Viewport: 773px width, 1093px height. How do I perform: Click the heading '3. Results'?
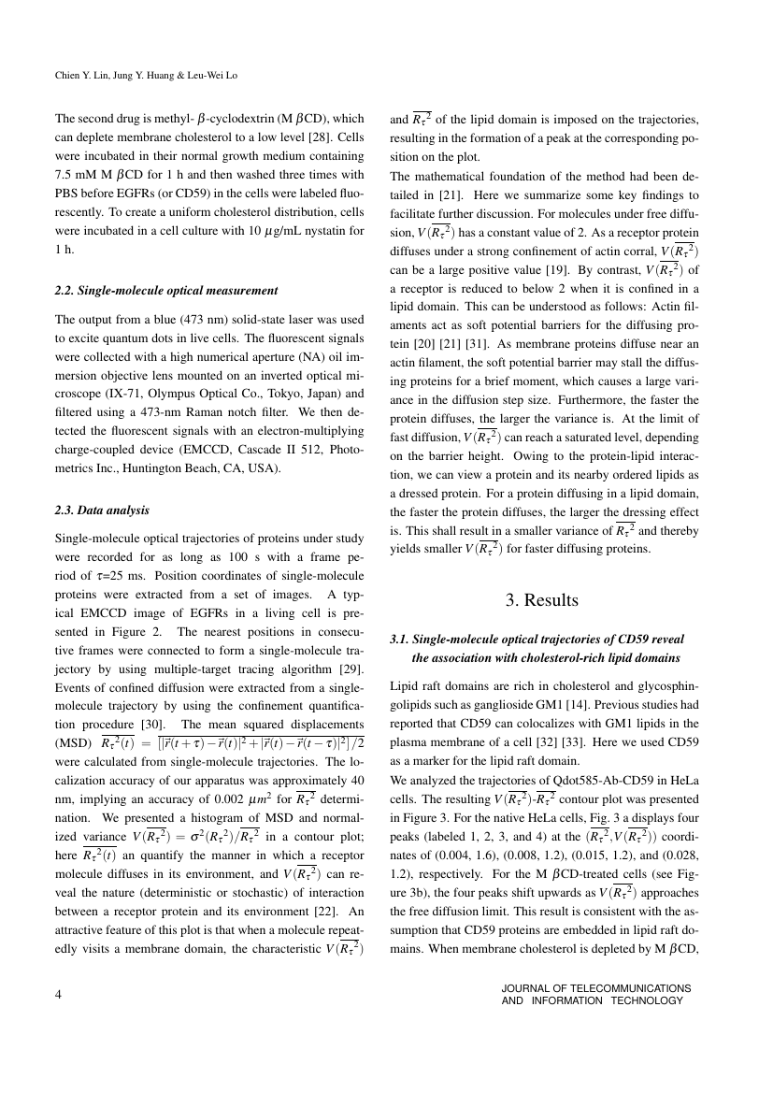pyautogui.click(x=541, y=600)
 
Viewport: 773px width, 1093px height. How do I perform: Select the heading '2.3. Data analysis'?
pyautogui.click(x=102, y=511)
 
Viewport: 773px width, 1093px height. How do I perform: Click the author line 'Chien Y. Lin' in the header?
pyautogui.click(x=80, y=76)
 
